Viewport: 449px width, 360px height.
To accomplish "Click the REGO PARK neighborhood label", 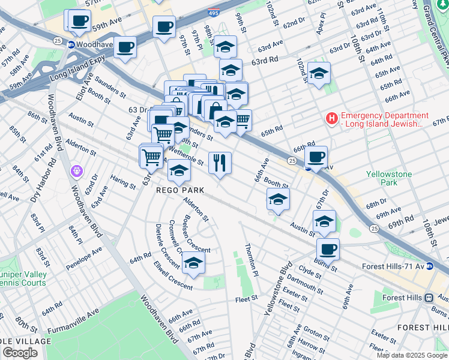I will tap(181, 190).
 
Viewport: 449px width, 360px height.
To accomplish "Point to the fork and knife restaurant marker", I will tap(220, 162).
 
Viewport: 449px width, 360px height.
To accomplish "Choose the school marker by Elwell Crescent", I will tap(193, 263).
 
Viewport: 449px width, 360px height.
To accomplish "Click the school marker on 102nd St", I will tap(319, 73).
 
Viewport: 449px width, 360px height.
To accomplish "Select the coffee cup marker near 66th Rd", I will tap(316, 157).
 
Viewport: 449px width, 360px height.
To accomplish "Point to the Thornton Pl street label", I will tap(250, 259).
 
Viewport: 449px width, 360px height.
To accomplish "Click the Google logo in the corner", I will tap(20, 352).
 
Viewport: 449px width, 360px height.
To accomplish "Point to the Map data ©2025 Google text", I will tap(411, 355).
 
